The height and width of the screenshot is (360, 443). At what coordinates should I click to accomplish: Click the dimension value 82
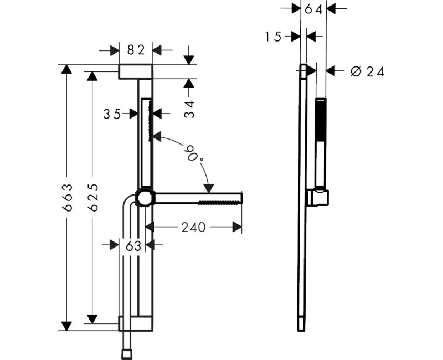click(x=136, y=50)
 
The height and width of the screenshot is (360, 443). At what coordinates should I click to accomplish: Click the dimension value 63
click(x=133, y=245)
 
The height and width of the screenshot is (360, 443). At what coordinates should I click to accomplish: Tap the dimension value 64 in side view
click(x=313, y=8)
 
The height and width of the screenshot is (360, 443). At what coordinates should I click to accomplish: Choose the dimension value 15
click(x=273, y=37)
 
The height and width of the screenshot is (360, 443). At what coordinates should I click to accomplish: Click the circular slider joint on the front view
click(x=146, y=198)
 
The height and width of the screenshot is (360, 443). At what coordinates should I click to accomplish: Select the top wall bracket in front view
click(x=135, y=71)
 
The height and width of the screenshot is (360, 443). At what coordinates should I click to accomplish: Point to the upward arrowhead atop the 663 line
click(x=66, y=69)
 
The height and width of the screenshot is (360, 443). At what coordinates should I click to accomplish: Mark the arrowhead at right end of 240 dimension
click(x=238, y=227)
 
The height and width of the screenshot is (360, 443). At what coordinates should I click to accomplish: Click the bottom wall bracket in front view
click(x=135, y=324)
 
